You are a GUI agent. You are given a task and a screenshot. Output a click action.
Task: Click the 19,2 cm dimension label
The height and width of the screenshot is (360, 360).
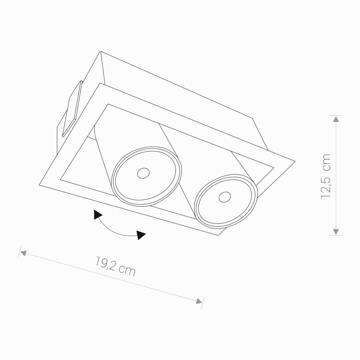pos(115,266)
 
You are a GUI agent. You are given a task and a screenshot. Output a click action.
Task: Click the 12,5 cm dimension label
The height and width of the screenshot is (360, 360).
pos(326,176)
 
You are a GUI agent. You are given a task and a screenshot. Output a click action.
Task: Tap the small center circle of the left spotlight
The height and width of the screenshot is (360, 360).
pos(143,173)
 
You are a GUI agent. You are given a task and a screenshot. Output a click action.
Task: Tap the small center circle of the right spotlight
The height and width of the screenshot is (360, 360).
pos(225,197)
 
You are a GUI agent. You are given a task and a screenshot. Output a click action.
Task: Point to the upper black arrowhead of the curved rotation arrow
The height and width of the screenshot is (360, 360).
pos(97,215)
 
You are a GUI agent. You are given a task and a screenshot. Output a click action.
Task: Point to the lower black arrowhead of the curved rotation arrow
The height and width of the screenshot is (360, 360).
pos(141,235)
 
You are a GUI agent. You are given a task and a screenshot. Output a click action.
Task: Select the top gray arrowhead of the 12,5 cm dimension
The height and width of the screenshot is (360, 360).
pos(336,119)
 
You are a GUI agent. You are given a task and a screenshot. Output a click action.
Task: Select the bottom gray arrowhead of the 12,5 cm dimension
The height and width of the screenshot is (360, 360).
pos(336,232)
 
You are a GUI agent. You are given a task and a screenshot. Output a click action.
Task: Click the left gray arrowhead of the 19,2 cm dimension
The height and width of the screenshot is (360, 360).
pos(23,253)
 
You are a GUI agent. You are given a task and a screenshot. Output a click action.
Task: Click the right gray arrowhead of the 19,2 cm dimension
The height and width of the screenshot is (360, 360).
pos(199,301)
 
